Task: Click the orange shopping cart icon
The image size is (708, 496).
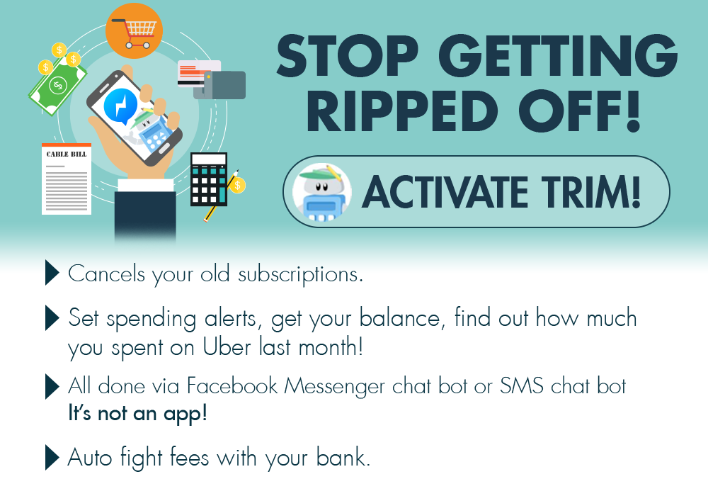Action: (x=134, y=30)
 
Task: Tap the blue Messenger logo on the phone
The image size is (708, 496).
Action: (x=120, y=106)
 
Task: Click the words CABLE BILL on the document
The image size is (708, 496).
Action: (x=67, y=154)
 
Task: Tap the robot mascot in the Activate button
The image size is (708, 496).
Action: (x=321, y=193)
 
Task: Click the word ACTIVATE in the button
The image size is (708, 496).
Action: (x=445, y=192)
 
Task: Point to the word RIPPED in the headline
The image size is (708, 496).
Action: (x=402, y=111)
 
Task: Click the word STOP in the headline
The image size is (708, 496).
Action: (x=347, y=55)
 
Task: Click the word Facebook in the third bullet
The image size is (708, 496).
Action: (x=232, y=385)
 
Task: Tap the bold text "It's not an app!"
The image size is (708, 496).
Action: (x=138, y=413)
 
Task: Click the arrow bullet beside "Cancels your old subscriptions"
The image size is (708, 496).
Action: (x=52, y=273)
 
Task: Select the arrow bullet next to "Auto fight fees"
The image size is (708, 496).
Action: (x=52, y=458)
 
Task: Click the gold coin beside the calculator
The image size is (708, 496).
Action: (x=237, y=185)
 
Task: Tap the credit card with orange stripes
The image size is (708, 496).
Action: (x=199, y=73)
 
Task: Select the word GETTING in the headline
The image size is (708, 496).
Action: (x=558, y=55)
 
